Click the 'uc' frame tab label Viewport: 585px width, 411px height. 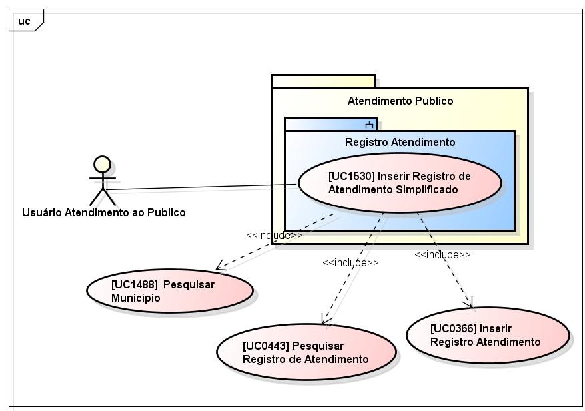[24, 21]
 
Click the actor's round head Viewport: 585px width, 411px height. [102, 165]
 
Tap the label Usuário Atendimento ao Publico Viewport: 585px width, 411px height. [104, 213]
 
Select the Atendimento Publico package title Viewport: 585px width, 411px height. [400, 101]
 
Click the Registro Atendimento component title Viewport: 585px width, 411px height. [400, 142]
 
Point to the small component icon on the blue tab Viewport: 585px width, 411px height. [369, 125]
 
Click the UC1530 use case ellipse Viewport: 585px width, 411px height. [399, 183]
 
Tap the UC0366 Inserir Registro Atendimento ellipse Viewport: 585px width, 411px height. [487, 336]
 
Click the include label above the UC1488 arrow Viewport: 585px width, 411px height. [274, 235]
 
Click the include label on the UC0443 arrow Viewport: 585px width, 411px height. [350, 262]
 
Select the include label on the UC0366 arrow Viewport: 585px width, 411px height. [442, 254]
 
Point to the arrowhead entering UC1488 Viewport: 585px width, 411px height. [221, 268]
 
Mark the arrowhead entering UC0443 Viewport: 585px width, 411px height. [324, 321]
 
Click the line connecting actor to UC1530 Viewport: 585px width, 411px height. [200, 187]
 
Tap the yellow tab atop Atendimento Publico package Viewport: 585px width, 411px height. [323, 81]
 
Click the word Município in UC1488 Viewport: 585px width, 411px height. [136, 298]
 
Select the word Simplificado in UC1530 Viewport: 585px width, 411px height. [426, 189]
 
